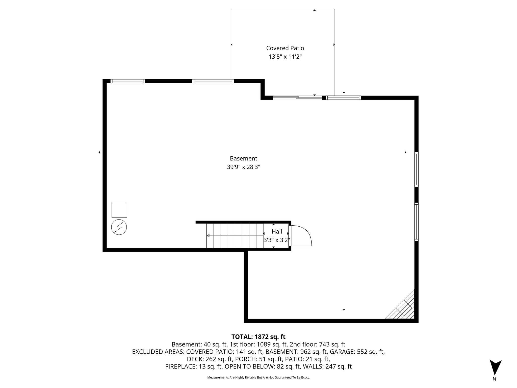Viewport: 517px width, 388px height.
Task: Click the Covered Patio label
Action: pos(285,48)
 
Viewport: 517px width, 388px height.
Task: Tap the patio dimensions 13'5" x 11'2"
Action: pos(285,57)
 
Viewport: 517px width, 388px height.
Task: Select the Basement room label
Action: pos(243,158)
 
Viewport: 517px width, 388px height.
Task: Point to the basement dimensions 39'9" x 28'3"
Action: pos(243,167)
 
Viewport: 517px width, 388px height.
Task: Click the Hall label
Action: pos(277,232)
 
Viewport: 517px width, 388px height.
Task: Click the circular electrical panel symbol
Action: pos(119,227)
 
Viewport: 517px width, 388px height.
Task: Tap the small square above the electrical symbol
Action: pos(119,210)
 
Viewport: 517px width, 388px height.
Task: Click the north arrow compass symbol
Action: pos(495,368)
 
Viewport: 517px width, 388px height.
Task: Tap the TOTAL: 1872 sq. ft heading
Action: pos(258,337)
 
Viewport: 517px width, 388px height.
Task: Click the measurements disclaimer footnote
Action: pos(258,377)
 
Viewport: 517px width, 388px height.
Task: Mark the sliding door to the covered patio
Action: pos(297,98)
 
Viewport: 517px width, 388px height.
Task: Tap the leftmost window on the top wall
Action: pos(128,81)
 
